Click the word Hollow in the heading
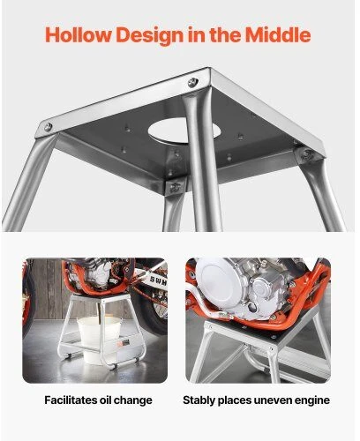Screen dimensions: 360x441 click(x=79, y=34)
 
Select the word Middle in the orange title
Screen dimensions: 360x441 click(x=278, y=34)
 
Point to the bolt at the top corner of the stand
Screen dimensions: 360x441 click(x=192, y=82)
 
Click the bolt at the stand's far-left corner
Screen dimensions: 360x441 click(x=49, y=127)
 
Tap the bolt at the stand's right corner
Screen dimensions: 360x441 click(x=308, y=153)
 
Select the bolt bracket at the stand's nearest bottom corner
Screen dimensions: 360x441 click(x=176, y=187)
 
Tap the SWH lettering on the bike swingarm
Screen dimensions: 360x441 click(x=158, y=280)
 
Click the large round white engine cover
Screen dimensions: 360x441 click(x=217, y=281)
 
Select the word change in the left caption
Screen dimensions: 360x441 click(x=133, y=401)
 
